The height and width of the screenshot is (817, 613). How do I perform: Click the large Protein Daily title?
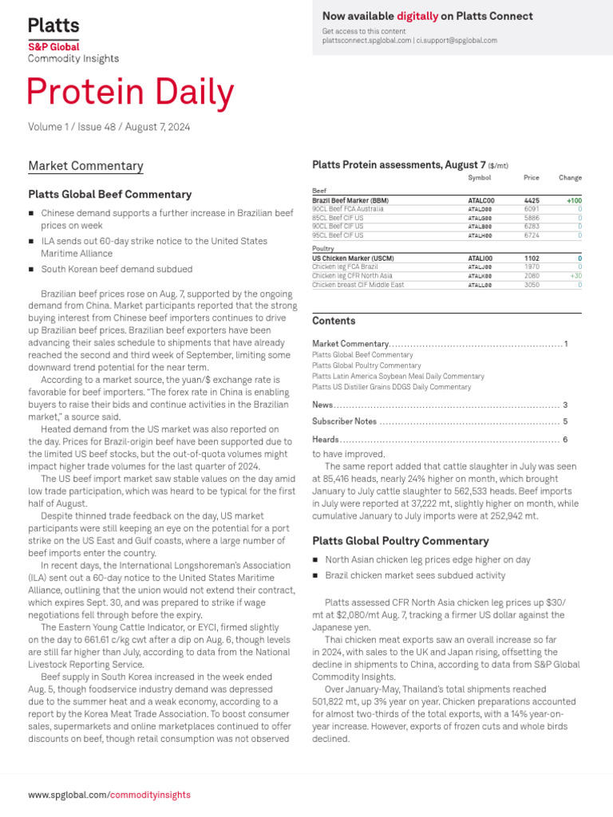tap(131, 94)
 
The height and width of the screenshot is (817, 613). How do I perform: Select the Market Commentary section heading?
tap(85, 166)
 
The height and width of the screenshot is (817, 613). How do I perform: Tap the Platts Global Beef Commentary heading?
tap(109, 194)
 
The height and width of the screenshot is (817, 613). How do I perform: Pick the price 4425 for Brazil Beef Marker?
tap(531, 200)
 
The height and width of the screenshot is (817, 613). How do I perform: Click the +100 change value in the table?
tap(573, 200)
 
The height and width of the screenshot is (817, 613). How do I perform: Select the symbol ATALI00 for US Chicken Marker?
tap(480, 259)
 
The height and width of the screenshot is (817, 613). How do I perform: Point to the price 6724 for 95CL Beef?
tap(531, 235)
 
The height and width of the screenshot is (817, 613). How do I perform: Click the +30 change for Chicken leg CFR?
tap(575, 275)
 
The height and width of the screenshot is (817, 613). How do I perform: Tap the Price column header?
tap(531, 178)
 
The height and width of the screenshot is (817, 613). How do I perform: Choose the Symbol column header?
tap(479, 178)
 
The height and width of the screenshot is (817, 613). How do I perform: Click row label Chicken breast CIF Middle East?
tap(358, 284)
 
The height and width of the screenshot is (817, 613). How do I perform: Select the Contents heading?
tap(334, 321)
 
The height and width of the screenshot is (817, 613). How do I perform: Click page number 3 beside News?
tap(565, 405)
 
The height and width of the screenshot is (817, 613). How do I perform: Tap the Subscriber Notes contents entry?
tap(344, 421)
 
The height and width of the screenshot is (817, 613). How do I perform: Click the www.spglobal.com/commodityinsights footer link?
tap(109, 795)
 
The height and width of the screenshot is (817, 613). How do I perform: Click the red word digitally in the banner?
tap(417, 16)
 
